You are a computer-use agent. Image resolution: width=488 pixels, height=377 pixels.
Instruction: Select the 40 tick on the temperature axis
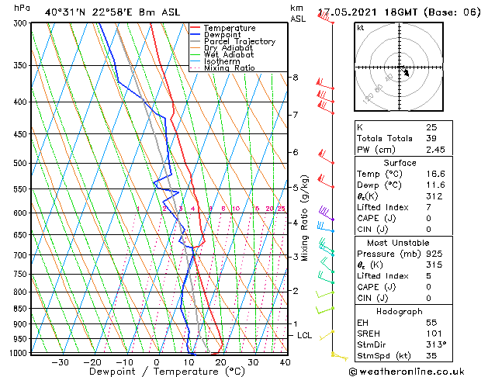coord(285,361)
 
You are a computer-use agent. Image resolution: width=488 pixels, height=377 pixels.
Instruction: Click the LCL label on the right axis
coord(305,335)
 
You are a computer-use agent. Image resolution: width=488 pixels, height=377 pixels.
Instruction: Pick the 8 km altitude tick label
coord(295,78)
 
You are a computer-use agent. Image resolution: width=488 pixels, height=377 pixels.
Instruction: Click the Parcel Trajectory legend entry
coord(239,42)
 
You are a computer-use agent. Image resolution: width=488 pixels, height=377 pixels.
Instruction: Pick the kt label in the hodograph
coord(361,28)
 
